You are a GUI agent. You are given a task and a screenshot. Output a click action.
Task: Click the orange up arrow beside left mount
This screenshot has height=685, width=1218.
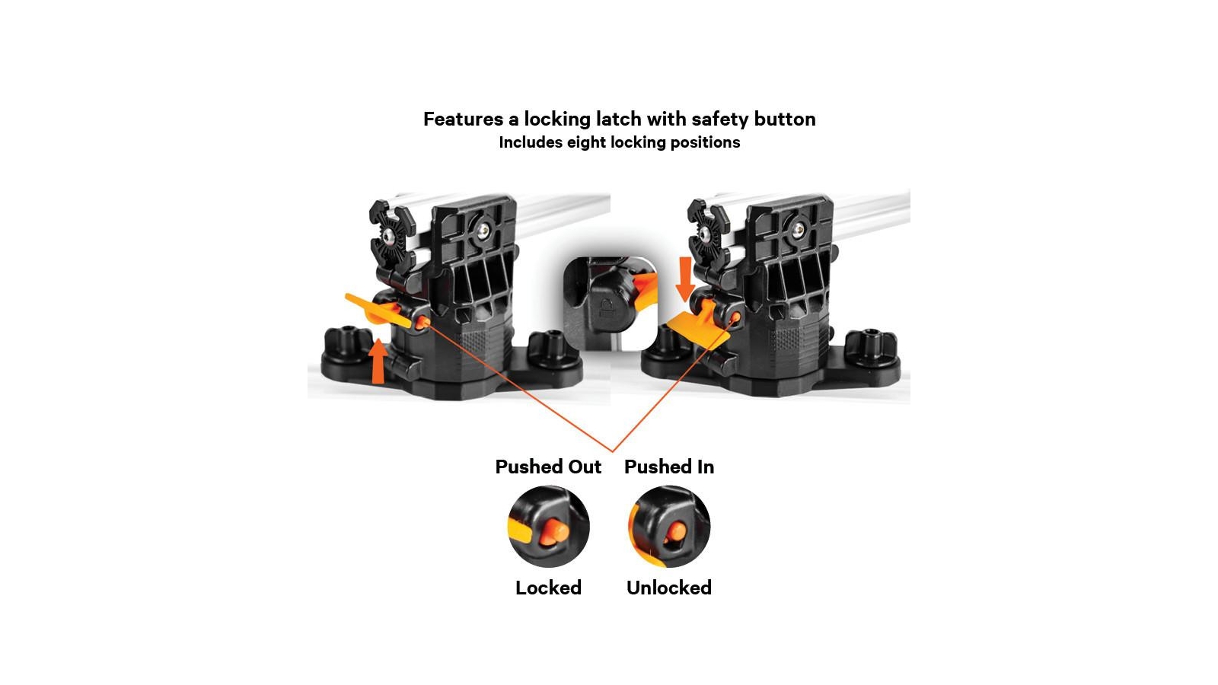[x=378, y=361]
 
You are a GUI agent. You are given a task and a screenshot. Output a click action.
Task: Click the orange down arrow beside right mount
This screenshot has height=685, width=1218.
[x=685, y=279]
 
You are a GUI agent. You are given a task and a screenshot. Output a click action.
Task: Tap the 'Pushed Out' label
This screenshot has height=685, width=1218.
[x=548, y=467]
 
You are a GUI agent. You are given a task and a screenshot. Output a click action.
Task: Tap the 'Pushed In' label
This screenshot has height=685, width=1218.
[x=669, y=467]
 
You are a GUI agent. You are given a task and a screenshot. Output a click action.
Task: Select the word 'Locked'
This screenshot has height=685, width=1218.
[x=548, y=588]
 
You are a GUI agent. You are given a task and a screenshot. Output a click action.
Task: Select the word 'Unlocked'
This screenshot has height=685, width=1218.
[x=669, y=588]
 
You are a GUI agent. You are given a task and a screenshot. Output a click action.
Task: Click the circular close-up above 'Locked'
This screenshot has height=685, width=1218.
[x=549, y=527]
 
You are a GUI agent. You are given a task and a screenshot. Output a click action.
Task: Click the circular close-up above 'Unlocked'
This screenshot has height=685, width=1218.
[x=669, y=527]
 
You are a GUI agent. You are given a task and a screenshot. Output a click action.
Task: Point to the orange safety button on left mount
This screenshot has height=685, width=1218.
[x=422, y=323]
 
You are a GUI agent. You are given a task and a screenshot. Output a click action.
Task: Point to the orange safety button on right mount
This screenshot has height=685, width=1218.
[x=735, y=317]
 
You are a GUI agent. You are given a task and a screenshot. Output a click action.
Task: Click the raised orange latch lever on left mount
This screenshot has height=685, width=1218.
[x=378, y=311]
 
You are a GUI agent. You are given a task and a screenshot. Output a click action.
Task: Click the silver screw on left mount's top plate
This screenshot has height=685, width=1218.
[x=483, y=231]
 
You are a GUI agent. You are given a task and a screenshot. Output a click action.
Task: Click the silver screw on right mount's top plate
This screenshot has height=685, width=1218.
[x=799, y=230]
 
